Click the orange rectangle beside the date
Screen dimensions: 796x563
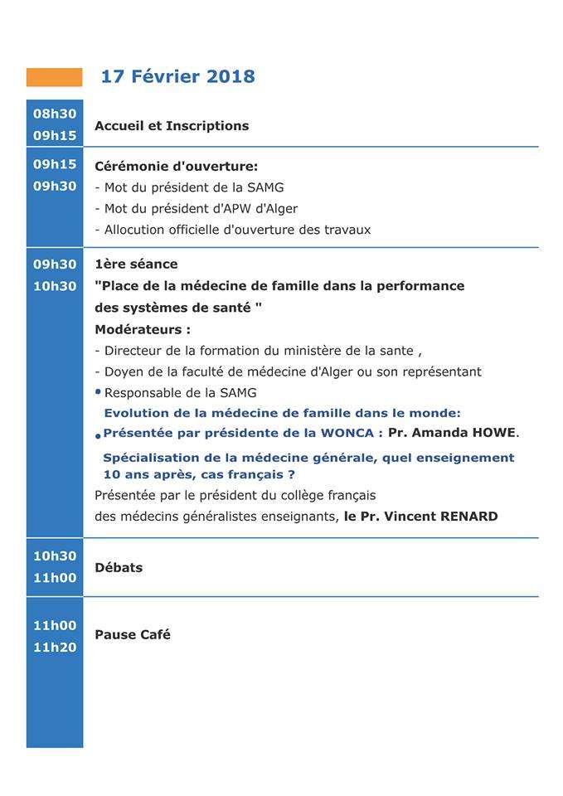[x=55, y=77]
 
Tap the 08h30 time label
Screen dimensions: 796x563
[x=55, y=114]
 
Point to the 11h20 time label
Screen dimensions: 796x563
[x=55, y=648]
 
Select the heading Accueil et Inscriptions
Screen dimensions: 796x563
[x=172, y=126]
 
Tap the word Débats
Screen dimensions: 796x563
[x=119, y=568]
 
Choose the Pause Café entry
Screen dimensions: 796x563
[x=133, y=635]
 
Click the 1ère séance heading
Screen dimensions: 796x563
[x=136, y=265]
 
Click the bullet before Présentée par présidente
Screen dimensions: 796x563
[x=98, y=435]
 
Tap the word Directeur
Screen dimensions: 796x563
[x=133, y=351]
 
